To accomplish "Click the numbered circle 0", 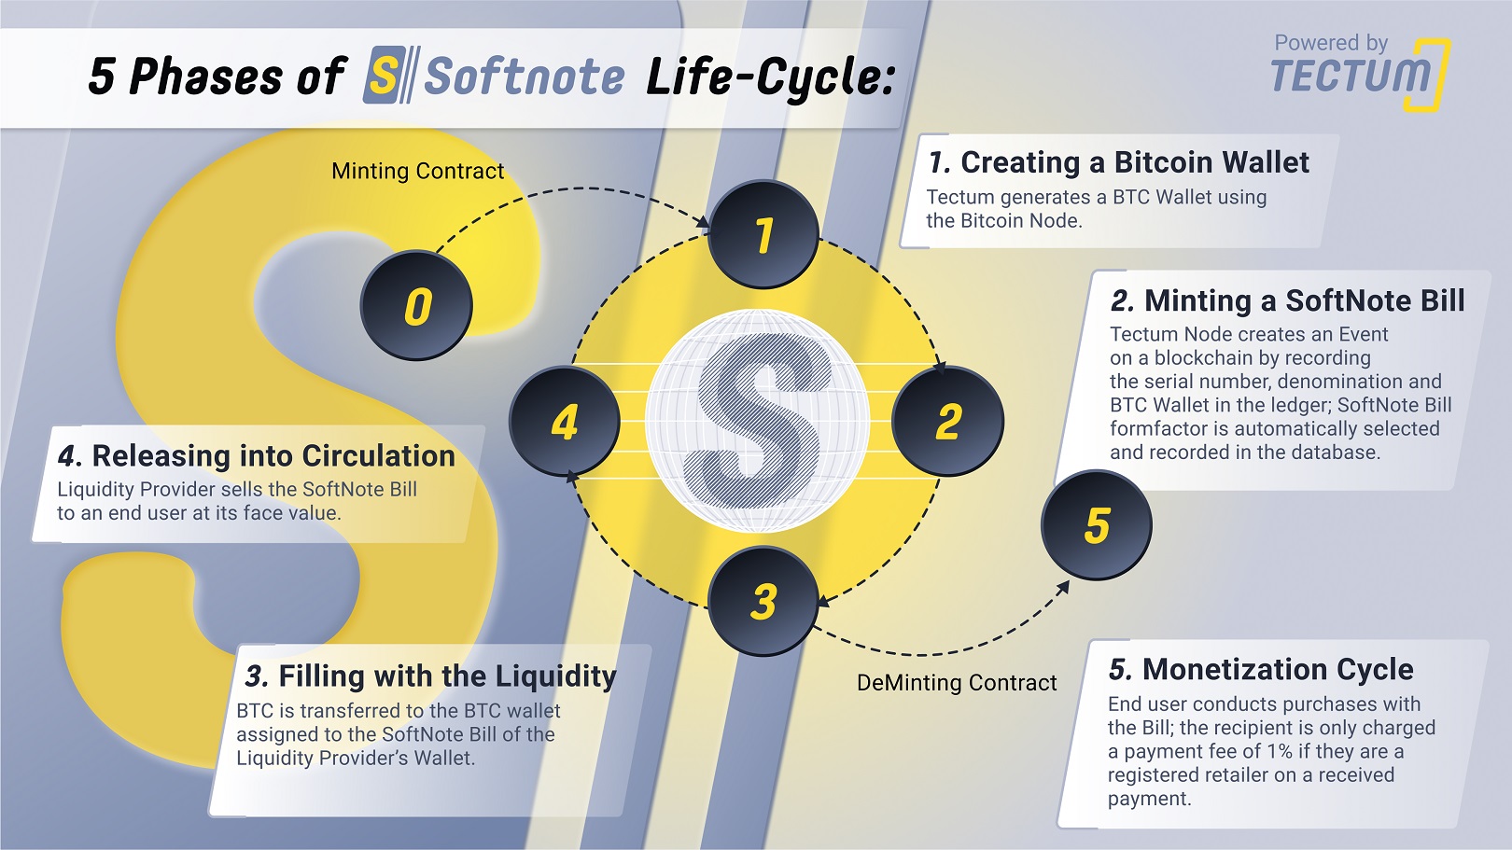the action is (416, 306).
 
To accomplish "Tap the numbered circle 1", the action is (763, 234).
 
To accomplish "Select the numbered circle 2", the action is (947, 422).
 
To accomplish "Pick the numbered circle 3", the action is (763, 601).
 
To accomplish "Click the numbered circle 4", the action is (565, 422).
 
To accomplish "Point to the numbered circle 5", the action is (1097, 525).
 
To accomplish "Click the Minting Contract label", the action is (418, 172).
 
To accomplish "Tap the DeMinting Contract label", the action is (957, 683).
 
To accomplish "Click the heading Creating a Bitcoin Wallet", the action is (1118, 162).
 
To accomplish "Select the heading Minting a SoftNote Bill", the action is (1287, 300).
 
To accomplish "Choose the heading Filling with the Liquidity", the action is (430, 676).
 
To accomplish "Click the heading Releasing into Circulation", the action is (257, 456).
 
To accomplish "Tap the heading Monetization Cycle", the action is (1261, 669).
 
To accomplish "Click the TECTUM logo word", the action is (1350, 75).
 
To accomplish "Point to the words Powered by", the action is (1331, 43).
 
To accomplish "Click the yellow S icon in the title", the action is (385, 75).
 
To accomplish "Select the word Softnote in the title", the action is (524, 77).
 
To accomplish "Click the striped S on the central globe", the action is (758, 420).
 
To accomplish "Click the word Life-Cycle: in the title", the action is (770, 77).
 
